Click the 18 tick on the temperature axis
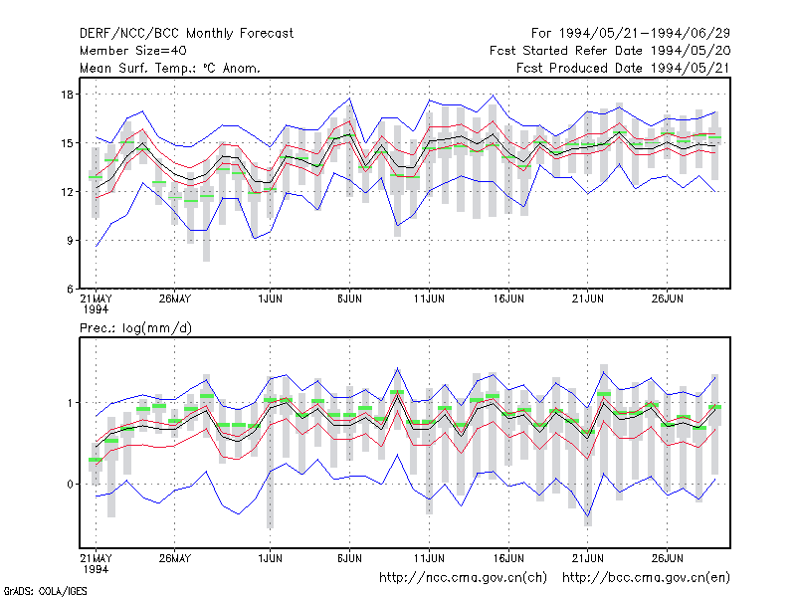[67, 95]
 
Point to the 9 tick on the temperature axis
[70, 241]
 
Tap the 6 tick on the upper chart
[70, 290]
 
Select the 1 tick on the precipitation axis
[70, 403]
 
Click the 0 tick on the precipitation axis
[70, 485]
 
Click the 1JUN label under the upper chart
[270, 298]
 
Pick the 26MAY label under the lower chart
[175, 558]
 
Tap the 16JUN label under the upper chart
[508, 298]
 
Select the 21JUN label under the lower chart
[588, 558]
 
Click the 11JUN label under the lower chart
[429, 558]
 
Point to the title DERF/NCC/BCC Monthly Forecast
[186, 34]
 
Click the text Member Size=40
[133, 51]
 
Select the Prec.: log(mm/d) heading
[135, 328]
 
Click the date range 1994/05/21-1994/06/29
[644, 34]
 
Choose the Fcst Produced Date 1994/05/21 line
[623, 68]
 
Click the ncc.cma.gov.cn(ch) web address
[463, 578]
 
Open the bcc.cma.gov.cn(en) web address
[646, 578]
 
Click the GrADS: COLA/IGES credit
[45, 591]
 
